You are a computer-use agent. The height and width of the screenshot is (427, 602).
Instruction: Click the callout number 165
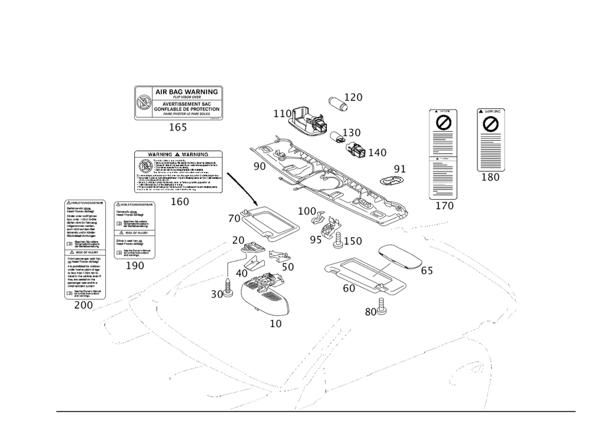pyautogui.click(x=178, y=127)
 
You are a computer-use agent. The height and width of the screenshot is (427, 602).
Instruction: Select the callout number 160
pyautogui.click(x=179, y=202)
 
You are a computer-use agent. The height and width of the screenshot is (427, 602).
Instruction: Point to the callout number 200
pyautogui.click(x=82, y=306)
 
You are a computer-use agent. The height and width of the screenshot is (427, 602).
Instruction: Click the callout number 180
pyautogui.click(x=490, y=177)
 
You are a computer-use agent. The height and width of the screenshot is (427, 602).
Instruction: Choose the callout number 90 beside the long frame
pyautogui.click(x=259, y=166)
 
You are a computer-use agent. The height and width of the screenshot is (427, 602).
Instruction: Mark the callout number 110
pyautogui.click(x=282, y=114)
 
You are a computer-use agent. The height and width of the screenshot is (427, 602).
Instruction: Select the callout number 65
pyautogui.click(x=426, y=271)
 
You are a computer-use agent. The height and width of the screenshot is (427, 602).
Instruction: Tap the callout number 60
pyautogui.click(x=349, y=289)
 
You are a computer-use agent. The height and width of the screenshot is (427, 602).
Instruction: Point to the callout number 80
pyautogui.click(x=371, y=312)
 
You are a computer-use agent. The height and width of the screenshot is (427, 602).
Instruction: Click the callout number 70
pyautogui.click(x=234, y=217)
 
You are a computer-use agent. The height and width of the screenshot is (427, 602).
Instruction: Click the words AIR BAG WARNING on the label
pyautogui.click(x=186, y=91)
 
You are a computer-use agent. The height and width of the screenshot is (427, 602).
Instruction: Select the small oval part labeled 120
pyautogui.click(x=337, y=103)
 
